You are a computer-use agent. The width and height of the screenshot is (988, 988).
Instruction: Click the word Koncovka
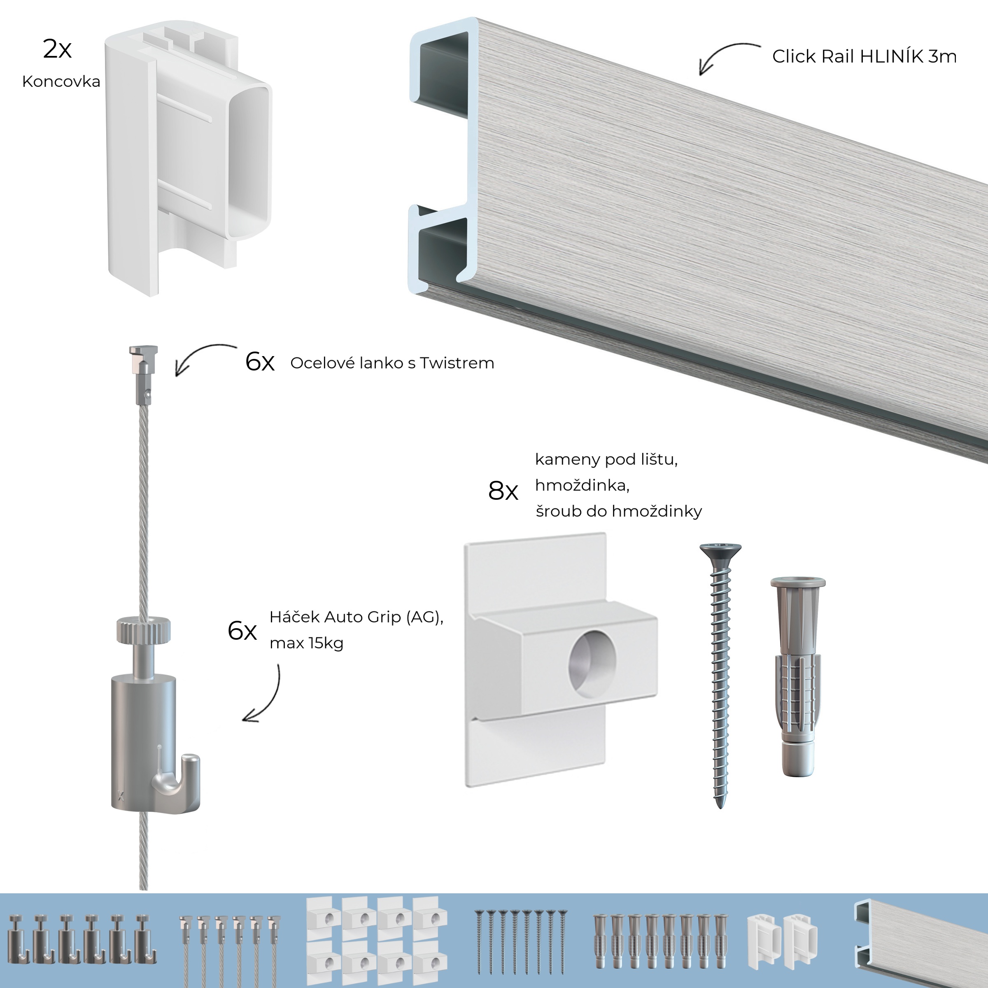point(61,82)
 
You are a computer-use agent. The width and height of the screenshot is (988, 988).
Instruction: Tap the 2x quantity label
point(57,49)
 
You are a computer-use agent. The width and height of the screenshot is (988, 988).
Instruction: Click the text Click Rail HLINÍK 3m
point(864,57)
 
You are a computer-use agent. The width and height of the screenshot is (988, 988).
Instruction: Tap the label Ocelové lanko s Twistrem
point(392,363)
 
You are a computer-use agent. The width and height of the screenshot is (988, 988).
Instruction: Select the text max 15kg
point(306,643)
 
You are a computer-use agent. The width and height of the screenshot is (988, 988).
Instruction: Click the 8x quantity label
point(503,492)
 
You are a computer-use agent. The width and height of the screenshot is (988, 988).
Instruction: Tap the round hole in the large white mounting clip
point(592,659)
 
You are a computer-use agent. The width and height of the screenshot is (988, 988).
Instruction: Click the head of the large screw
point(720,551)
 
